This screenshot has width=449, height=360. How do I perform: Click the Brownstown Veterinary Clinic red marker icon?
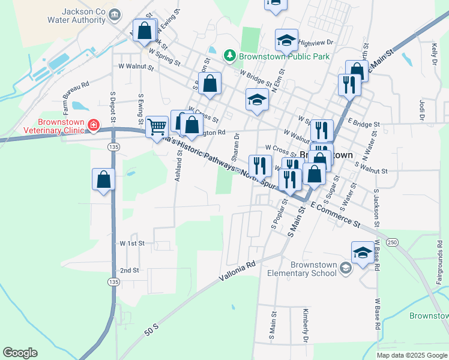[x=93, y=125]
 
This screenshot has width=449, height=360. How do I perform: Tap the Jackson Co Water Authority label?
[x=84, y=16]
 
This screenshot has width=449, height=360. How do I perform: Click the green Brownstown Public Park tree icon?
[x=229, y=56]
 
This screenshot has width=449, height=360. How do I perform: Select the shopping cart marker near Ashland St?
[x=157, y=126]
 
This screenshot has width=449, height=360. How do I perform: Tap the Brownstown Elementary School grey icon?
[x=345, y=267]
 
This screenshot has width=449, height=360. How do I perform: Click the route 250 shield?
[x=393, y=241]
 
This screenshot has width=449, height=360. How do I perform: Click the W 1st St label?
[x=133, y=243]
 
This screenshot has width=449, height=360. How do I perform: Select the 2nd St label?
[x=129, y=271]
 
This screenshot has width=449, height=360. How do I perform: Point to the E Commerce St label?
[x=335, y=214]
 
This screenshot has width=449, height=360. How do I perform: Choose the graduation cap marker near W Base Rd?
[x=363, y=253]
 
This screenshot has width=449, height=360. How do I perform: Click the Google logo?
[x=20, y=353]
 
